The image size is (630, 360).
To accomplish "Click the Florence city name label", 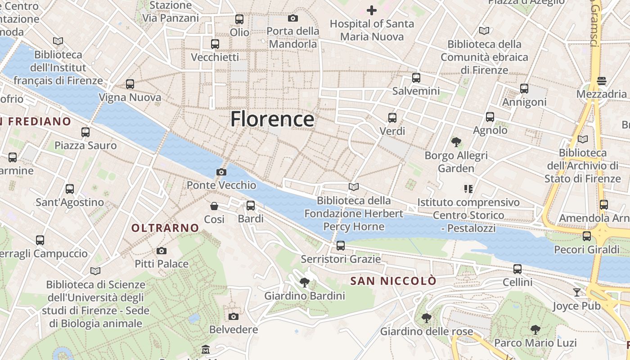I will point(272,119).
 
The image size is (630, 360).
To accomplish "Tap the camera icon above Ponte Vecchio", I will point(221,172).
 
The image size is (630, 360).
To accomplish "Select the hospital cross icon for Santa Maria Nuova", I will point(372,10).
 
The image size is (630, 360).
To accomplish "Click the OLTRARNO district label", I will point(165,228).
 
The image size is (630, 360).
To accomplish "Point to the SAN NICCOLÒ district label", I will point(393,281).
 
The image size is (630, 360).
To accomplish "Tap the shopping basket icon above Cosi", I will point(214,206).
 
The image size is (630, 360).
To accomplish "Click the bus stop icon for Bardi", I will point(251,206).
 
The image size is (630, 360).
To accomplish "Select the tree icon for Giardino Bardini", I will point(305,283).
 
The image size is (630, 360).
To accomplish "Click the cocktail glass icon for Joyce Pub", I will point(577,292).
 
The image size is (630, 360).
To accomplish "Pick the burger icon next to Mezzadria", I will point(602,81).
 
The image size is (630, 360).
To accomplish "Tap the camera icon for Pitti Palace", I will point(162,251).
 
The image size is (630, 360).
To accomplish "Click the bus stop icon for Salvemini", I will point(416,78).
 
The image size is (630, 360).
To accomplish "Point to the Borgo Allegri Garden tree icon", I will point(456,143).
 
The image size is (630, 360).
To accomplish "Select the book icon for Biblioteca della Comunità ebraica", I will point(484,31).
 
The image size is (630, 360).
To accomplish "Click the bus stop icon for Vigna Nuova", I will point(130,84).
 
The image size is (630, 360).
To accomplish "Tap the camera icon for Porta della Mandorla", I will point(293,18).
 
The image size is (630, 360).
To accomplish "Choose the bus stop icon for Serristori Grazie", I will point(341,246).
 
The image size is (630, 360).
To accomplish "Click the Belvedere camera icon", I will point(233,316).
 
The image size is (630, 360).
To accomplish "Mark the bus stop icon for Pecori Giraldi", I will point(587,236).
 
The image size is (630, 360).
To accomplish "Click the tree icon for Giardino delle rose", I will point(427,319).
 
